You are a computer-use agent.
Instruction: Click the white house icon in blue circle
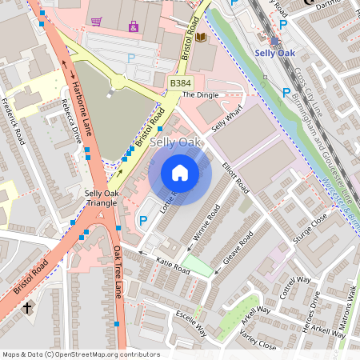(180, 172)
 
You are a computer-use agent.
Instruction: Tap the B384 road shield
(181, 82)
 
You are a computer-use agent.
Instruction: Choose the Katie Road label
(173, 266)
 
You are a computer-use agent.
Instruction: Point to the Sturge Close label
(310, 226)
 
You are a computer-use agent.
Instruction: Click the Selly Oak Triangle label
(102, 198)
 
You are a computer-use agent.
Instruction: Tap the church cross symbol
(26, 307)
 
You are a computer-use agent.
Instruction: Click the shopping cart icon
(96, 22)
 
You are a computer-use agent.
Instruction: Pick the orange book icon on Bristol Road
(201, 38)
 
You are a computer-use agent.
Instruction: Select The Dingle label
(200, 95)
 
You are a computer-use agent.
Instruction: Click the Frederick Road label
(14, 121)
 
